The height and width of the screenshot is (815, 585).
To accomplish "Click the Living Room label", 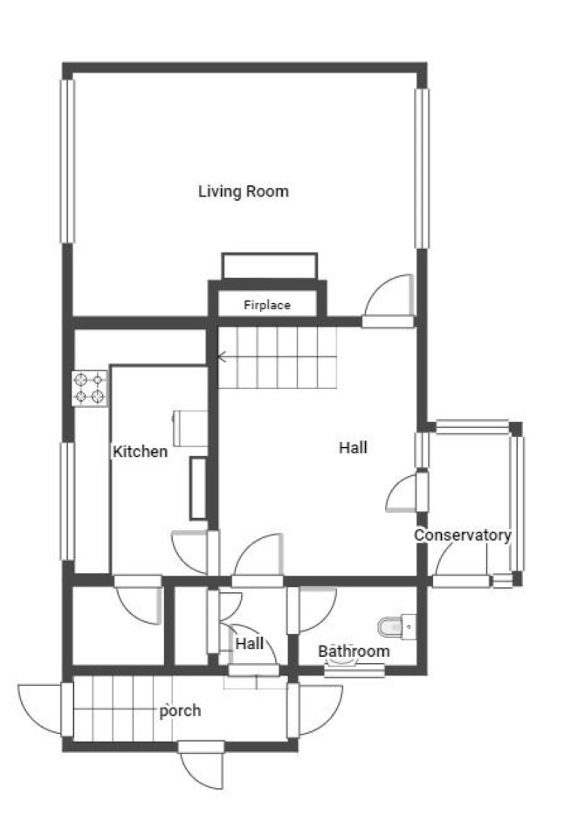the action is click(243, 191).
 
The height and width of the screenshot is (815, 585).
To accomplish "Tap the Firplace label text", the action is click(267, 305).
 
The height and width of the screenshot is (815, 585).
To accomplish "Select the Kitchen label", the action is click(141, 451).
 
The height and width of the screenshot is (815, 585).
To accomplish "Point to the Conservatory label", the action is click(463, 535).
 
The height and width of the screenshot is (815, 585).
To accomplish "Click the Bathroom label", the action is click(354, 651).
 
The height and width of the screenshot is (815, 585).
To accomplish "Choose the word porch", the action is click(180, 710).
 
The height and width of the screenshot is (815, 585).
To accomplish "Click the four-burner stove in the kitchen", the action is click(89, 388).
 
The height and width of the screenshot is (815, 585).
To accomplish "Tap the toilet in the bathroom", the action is click(396, 626).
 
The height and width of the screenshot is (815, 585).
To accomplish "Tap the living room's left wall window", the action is click(67, 161).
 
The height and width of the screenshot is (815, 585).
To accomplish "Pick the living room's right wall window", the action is click(422, 169).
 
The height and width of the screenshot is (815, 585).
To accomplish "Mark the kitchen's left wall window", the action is click(67, 501).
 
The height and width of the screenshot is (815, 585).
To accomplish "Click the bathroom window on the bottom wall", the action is click(354, 671).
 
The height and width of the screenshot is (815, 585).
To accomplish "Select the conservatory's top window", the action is click(471, 427).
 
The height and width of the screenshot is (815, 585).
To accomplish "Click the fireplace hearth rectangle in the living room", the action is click(269, 266).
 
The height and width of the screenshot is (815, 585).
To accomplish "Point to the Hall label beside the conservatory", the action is click(353, 447).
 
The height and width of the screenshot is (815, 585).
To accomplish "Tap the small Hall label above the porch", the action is click(250, 644).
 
